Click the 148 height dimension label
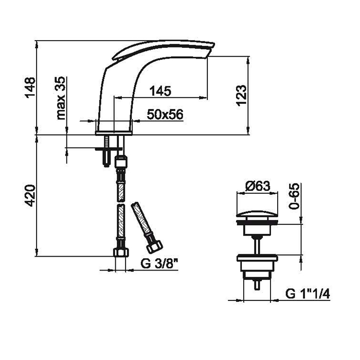click(30, 88)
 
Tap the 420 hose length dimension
click(30, 195)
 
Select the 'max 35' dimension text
click(61, 98)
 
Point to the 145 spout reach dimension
click(160, 91)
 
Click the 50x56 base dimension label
click(165, 114)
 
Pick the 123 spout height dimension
click(241, 96)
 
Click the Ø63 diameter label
click(258, 186)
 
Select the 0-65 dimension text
click(294, 196)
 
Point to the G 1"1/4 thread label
click(308, 294)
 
